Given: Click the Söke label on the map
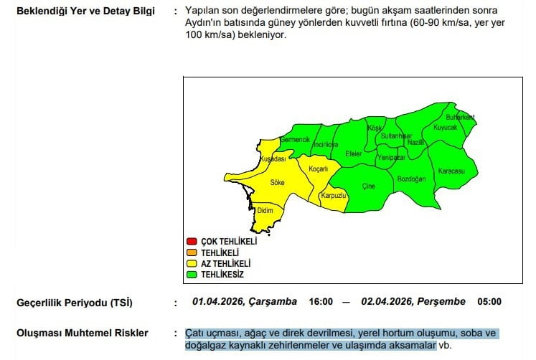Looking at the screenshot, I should tap(277, 183).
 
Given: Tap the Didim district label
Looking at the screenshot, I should tap(266, 211).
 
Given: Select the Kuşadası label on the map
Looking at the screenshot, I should tap(273, 158).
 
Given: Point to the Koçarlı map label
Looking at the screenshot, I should tap(318, 169).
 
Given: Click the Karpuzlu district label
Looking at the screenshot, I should tap(334, 195).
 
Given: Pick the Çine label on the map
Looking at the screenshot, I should tap(368, 186).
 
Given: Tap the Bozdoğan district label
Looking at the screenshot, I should tap(411, 178).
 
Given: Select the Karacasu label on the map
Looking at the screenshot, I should tap(451, 171).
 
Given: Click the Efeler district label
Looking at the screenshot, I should tap(354, 153).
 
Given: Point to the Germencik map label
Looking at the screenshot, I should tap(295, 138).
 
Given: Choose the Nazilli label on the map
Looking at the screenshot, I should tap(417, 143).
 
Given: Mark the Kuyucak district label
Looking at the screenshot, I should tap(445, 127).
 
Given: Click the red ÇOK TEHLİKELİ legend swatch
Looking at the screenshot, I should tap(192, 242).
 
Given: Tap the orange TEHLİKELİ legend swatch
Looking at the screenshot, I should tap(192, 252).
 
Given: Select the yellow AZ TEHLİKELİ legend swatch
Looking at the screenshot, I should tap(192, 263).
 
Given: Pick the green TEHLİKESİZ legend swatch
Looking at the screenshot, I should tap(192, 274).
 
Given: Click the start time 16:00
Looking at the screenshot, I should tap(321, 302).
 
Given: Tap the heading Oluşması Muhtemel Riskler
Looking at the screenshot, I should tap(83, 333).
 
